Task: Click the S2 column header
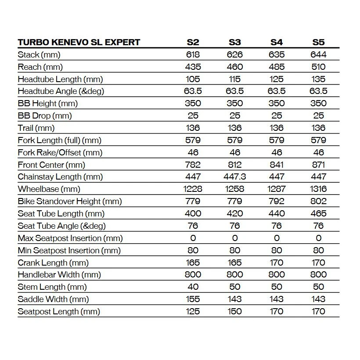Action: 193,43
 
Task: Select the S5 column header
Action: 318,43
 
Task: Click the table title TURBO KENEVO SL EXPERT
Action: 79,43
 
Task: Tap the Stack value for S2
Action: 193,55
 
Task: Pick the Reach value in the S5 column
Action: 318,67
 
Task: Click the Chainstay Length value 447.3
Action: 235,177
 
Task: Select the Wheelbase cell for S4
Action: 277,189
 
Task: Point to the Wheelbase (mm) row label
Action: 43,189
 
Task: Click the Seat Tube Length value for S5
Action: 318,214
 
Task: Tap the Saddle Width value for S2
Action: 193,299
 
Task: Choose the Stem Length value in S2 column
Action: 193,287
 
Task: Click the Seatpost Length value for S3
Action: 235,312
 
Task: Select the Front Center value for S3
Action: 235,165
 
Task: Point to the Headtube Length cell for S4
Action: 277,79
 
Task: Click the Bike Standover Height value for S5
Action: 318,202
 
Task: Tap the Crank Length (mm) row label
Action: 53,263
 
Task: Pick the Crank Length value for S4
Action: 277,263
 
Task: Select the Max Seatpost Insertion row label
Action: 70,238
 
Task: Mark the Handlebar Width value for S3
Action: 235,275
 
